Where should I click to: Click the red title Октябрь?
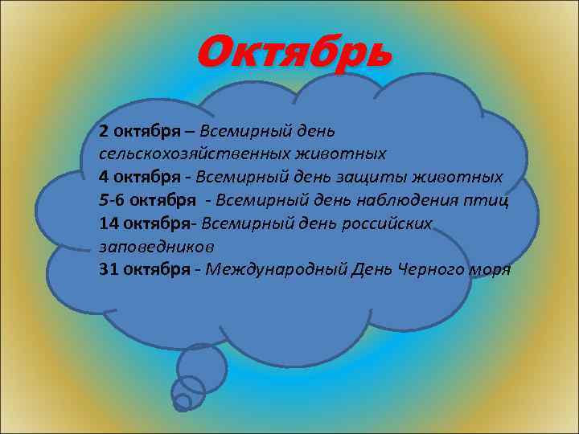point(295,53)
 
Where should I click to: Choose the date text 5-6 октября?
point(147,199)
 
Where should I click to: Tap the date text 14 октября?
point(148,223)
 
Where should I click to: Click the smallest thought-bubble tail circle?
point(183,401)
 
